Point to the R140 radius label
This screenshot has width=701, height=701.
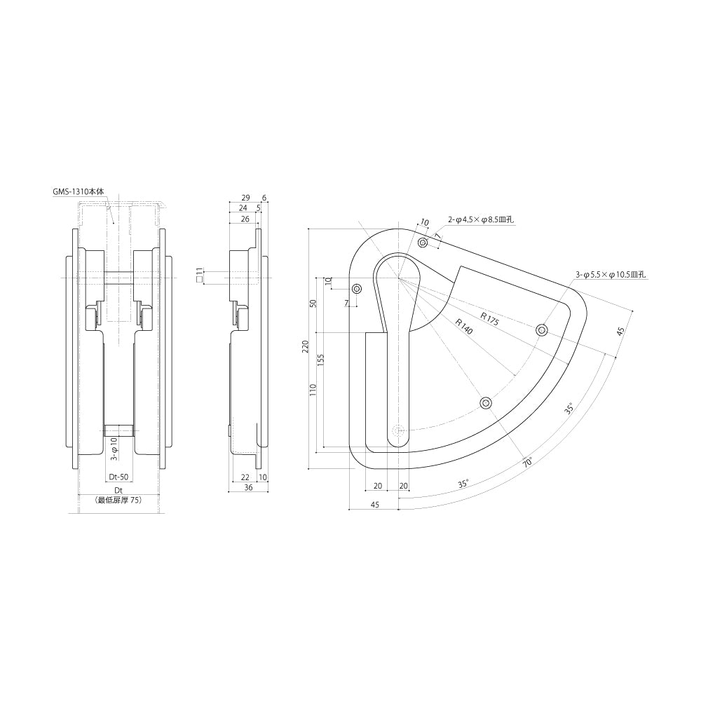464,327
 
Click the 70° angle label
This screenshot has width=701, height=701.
527,463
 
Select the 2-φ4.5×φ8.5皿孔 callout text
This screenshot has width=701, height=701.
481,219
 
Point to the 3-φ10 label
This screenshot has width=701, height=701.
114,447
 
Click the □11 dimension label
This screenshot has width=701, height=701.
199,275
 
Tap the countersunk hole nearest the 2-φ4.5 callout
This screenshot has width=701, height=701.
423,243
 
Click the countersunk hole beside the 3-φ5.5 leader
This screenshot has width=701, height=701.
542,330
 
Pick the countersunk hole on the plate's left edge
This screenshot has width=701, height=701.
357,289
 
